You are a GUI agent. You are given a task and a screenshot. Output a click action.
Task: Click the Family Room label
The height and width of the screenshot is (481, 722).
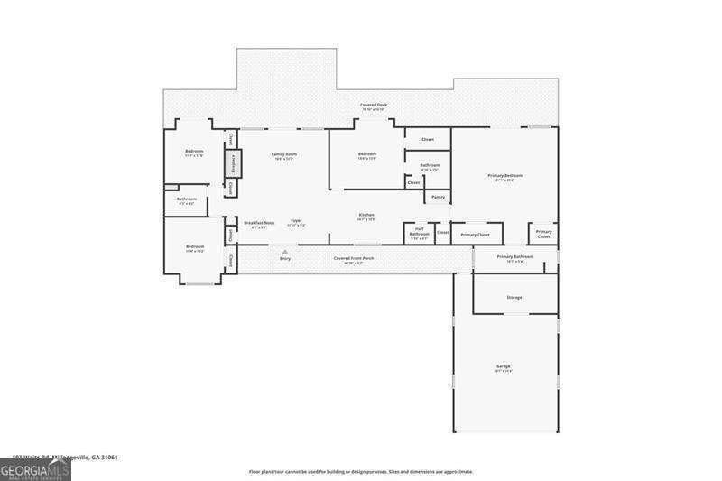coord(284,154)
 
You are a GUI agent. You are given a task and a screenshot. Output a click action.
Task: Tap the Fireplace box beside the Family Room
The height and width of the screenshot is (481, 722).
coord(232,164)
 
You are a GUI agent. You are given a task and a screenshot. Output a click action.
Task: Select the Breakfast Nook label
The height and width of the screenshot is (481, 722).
coord(259,222)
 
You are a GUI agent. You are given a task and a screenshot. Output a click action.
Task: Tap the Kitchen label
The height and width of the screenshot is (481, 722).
coord(366,215)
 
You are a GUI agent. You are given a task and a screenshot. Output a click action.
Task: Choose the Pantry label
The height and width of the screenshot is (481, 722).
coord(438,197)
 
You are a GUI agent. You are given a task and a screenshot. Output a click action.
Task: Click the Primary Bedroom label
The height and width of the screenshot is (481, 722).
coord(504,176)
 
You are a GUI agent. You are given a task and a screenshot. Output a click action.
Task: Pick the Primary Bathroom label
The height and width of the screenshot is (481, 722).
coord(515,257)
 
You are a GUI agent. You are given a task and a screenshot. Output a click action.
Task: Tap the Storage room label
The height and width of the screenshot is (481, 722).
coord(514,297)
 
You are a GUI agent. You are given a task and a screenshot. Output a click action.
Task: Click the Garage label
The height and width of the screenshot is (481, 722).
coord(503,367)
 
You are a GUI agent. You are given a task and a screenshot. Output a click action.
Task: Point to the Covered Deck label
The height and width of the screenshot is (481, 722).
coord(374,106)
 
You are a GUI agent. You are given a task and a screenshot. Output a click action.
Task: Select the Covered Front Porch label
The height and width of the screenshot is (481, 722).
coord(354,258)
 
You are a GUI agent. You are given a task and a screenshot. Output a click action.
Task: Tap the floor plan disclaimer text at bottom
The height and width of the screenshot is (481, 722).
coord(361,471)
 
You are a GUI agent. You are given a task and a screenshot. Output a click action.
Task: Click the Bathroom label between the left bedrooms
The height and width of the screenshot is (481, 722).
coord(187,199)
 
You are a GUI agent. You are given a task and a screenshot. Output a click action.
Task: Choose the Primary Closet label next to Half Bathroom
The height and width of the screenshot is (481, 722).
coord(475,235)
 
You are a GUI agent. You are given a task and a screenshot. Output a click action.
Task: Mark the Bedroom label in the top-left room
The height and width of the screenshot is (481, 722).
coord(194,152)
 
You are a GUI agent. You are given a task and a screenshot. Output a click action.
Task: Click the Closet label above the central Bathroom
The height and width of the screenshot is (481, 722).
coord(428,139)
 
